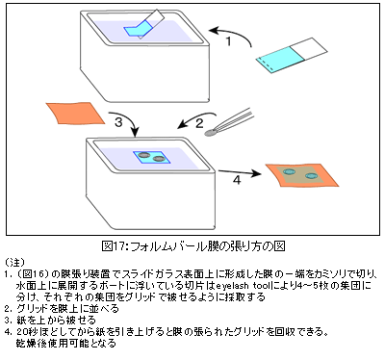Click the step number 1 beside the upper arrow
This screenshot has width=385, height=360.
tap(228, 41)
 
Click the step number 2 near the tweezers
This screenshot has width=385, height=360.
tap(199, 123)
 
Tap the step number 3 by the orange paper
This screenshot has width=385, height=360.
tap(118, 122)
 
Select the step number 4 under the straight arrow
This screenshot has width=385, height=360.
tap(237, 180)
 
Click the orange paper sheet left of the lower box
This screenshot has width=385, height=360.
tap(75, 113)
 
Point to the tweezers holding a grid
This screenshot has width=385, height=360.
tap(230, 122)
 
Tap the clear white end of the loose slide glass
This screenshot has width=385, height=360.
tap(309, 49)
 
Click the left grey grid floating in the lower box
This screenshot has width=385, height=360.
tap(144, 155)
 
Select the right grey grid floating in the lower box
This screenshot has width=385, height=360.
tap(158, 159)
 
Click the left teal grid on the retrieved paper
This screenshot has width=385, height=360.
tap(290, 171)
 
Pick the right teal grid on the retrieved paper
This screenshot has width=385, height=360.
tap(311, 176)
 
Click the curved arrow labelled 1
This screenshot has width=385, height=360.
tap(232, 34)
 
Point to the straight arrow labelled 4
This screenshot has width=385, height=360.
tap(240, 173)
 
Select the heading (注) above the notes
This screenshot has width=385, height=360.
tap(14, 262)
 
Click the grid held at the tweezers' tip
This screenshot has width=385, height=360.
tap(212, 132)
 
